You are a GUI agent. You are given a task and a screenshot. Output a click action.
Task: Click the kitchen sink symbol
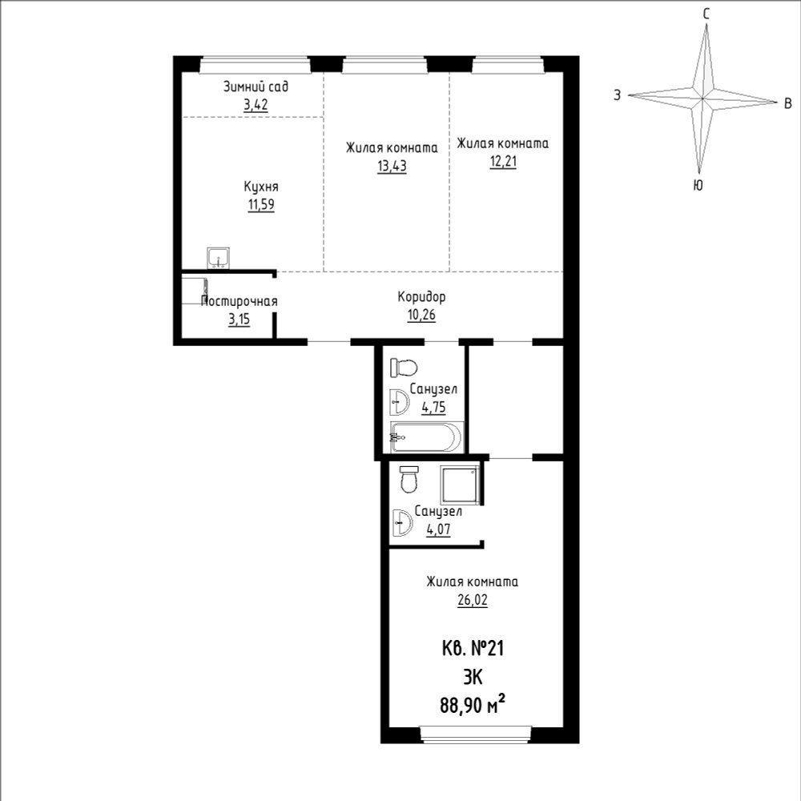pyautogui.click(x=218, y=258)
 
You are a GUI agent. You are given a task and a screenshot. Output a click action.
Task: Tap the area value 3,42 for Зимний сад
pyautogui.click(x=256, y=105)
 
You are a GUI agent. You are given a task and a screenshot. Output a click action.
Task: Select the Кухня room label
pyautogui.click(x=261, y=186)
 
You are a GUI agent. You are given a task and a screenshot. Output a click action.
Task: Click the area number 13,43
pyautogui.click(x=392, y=166)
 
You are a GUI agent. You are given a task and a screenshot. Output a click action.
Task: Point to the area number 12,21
pyautogui.click(x=503, y=162)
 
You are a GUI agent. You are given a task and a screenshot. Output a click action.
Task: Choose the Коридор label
pyautogui.click(x=421, y=297)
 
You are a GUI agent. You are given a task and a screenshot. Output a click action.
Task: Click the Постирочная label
pyautogui.click(x=239, y=301)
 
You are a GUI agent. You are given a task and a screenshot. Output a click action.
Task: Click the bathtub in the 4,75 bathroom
pyautogui.click(x=426, y=437)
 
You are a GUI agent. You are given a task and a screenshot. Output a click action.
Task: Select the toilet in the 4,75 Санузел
pyautogui.click(x=404, y=368)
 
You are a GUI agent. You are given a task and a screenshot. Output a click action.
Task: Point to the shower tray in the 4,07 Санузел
pyautogui.click(x=461, y=484)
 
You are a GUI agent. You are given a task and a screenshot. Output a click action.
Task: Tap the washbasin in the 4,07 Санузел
pyautogui.click(x=403, y=522)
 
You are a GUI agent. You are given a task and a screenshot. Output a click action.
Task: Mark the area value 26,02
pyautogui.click(x=473, y=600)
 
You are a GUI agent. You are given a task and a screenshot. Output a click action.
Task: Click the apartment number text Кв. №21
pyautogui.click(x=473, y=649)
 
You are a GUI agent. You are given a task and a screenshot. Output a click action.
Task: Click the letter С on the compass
pyautogui.click(x=706, y=14)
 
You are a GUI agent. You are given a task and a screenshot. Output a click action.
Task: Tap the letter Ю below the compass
pyautogui.click(x=698, y=185)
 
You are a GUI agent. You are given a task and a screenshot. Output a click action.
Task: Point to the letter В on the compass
pyautogui.click(x=787, y=103)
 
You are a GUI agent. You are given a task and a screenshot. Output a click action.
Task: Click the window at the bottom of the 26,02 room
pyautogui.click(x=476, y=734)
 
